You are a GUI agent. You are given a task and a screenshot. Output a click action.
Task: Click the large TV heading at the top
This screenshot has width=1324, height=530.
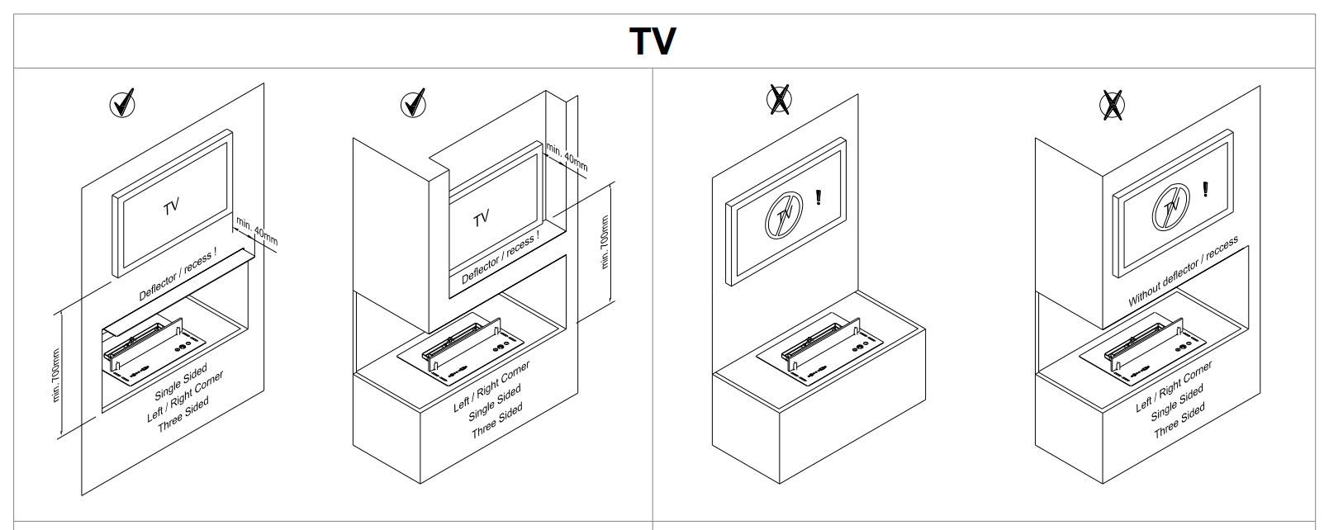653,41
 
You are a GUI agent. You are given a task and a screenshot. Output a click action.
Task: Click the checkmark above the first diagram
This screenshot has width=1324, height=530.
122,103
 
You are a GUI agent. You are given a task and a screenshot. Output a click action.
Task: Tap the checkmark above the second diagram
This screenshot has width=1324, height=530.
413,103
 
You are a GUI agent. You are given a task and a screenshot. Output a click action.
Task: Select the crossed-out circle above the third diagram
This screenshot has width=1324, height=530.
779,99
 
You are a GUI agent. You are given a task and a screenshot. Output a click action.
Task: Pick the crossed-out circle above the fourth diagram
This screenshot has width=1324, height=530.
1112,106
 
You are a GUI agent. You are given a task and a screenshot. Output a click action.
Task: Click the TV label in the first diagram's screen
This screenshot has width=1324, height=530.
171,207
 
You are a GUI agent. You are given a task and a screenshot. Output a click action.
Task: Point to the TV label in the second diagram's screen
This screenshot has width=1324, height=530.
482,219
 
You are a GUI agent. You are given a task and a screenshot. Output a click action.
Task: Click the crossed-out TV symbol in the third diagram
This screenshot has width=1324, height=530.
784,215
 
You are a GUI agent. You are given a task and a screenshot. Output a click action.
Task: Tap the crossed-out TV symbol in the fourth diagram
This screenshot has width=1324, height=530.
1171,207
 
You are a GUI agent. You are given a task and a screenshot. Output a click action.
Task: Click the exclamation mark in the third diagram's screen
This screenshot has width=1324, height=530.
818,196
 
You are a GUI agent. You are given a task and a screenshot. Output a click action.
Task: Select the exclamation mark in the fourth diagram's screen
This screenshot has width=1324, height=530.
1205,189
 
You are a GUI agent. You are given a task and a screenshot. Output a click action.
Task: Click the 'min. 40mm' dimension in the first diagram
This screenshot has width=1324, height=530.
257,231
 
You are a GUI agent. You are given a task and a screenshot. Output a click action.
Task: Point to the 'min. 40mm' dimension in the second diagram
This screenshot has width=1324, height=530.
567,157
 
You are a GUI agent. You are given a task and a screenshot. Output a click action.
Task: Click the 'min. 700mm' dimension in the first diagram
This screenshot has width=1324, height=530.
56,375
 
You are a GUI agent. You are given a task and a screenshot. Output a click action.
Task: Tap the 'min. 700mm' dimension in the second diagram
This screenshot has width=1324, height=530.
604,242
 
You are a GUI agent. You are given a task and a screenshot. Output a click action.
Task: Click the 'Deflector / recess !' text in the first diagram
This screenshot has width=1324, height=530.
178,273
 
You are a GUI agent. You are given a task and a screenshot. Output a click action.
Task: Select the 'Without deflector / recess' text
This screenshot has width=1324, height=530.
1183,272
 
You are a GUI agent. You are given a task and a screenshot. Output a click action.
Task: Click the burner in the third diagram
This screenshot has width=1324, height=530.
820,349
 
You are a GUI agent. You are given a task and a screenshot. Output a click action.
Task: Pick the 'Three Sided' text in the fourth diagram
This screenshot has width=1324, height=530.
1179,421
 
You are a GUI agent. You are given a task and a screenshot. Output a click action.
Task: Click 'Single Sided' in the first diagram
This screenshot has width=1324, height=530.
181,381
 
